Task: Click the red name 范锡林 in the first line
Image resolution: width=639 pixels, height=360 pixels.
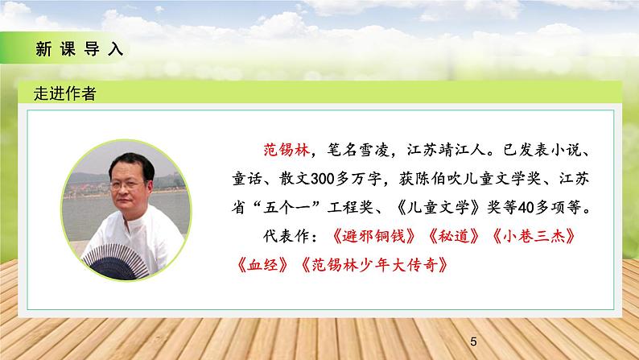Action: (282, 149)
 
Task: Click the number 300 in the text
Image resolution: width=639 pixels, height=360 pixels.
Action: (357, 179)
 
